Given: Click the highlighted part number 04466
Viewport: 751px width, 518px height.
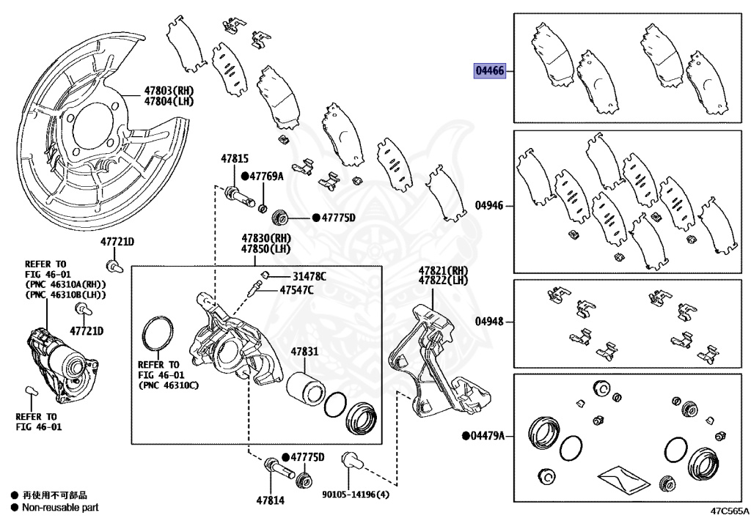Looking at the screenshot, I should [489, 71].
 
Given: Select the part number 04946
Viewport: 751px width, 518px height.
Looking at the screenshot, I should [489, 206].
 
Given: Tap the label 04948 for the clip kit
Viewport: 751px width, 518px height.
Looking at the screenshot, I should [489, 322].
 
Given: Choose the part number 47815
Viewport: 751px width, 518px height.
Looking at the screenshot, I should [235, 158].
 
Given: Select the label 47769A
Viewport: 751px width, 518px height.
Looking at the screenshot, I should [265, 177].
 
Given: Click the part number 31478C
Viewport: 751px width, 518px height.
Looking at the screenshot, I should [309, 276].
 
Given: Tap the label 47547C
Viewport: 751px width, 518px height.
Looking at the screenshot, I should [296, 290].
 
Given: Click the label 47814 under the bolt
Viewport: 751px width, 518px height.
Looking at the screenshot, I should [271, 500].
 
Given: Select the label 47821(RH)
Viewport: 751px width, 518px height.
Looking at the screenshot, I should [443, 270].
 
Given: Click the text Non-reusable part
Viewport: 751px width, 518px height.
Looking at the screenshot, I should [60, 507].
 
